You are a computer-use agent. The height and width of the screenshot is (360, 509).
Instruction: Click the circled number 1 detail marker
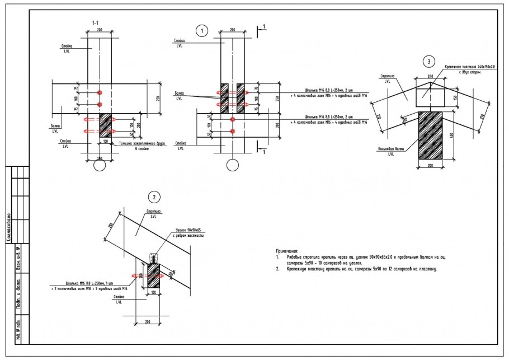tap(202, 31)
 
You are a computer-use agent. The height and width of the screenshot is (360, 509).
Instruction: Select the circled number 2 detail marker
tap(153, 197)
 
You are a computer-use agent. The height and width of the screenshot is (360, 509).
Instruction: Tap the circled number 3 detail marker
tap(429, 61)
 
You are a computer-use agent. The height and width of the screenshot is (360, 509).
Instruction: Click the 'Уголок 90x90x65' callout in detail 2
tap(187, 230)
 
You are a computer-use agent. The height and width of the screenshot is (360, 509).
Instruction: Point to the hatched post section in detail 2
tap(153, 276)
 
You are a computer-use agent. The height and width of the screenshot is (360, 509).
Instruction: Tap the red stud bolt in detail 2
tap(135, 275)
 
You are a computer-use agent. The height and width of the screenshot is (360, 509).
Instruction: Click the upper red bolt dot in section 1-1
tap(100, 92)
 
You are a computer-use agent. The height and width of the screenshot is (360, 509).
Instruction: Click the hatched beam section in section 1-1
tap(106, 125)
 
